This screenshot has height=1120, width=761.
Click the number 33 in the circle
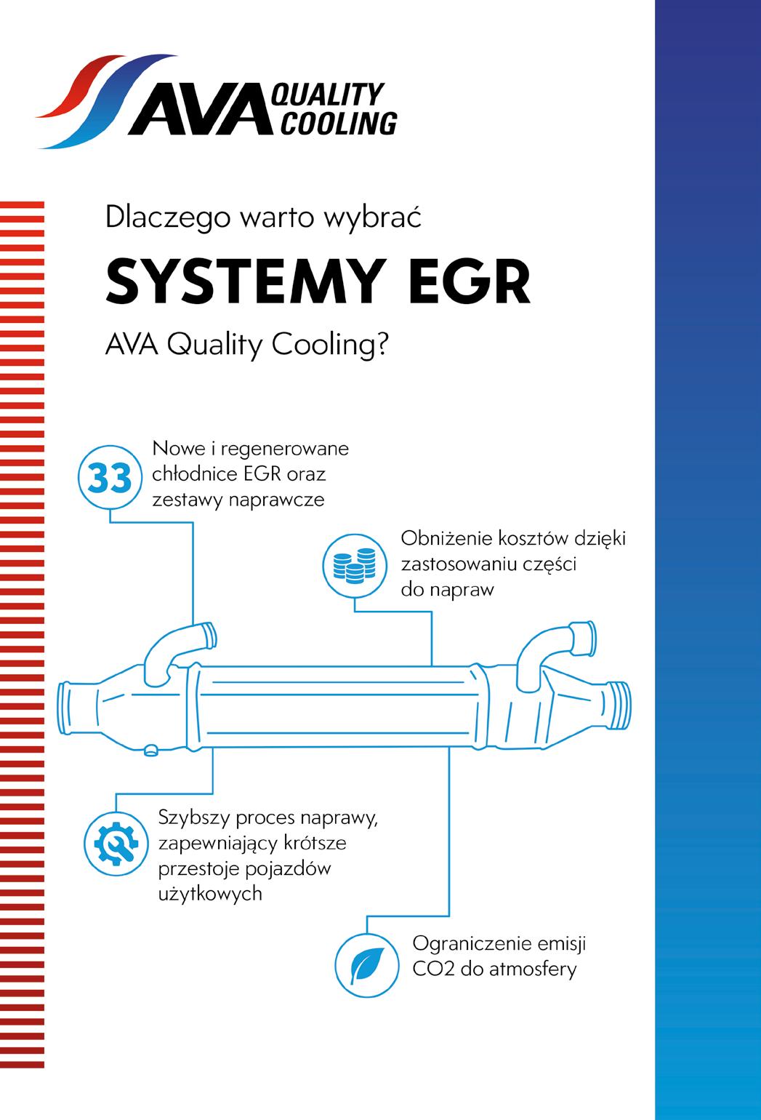point(110,479)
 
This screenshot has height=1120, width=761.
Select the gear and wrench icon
point(115,844)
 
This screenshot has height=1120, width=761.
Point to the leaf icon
point(366,965)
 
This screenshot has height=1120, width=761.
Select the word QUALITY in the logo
point(327,95)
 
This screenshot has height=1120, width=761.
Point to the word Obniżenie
point(445,538)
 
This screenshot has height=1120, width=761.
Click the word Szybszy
point(194,817)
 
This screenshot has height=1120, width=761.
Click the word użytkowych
point(209,894)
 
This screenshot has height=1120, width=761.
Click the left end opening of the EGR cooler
point(67,709)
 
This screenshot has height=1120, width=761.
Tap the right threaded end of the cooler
point(619,705)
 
